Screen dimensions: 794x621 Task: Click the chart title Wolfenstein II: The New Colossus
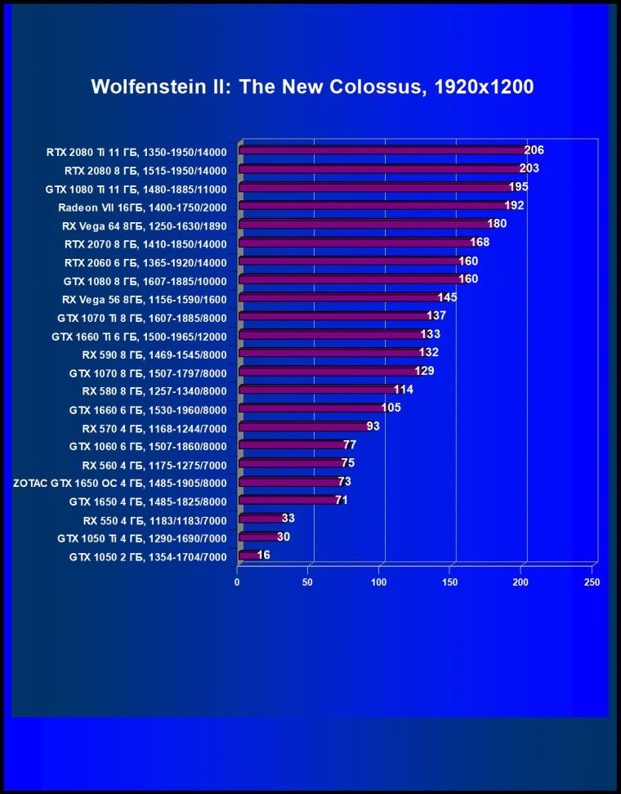click(312, 87)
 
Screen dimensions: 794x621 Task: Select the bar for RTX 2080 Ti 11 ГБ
click(382, 150)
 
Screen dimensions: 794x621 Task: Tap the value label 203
click(529, 168)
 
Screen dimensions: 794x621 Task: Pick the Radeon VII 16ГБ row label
click(136, 207)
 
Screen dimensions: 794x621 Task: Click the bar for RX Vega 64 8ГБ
click(364, 225)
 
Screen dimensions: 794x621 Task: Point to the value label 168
click(480, 242)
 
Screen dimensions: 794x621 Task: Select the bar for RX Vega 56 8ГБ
click(339, 298)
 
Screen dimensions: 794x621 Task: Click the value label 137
click(436, 315)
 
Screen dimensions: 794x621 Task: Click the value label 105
click(391, 407)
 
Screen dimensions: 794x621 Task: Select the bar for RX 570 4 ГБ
click(302, 426)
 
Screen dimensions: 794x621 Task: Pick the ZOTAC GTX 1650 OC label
click(120, 482)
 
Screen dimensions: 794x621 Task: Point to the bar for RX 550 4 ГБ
click(261, 519)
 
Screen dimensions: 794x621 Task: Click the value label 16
click(263, 555)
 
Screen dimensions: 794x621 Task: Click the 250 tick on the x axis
click(592, 582)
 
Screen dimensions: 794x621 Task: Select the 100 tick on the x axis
click(379, 582)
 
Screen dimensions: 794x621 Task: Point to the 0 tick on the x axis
click(238, 582)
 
